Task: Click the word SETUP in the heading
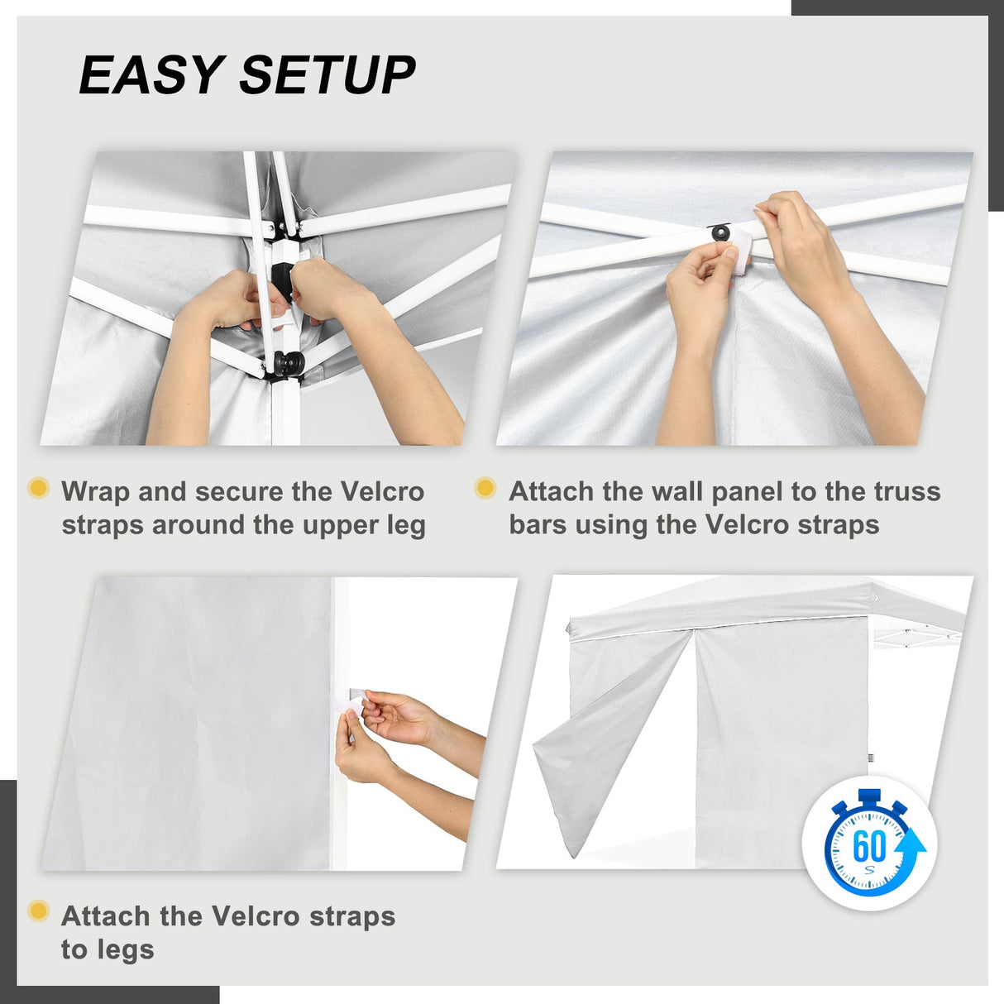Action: tap(327, 75)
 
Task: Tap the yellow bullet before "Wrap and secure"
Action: tap(38, 488)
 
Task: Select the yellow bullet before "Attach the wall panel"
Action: tap(485, 488)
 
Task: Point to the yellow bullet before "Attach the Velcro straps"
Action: tap(38, 911)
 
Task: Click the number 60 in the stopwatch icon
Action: tap(868, 845)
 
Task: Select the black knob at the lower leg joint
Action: tap(288, 362)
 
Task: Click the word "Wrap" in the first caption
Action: tap(96, 491)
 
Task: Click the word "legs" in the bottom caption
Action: tap(108, 949)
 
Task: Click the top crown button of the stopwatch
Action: tap(870, 796)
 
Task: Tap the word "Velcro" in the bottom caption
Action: tap(255, 916)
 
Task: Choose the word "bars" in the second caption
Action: tap(538, 525)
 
